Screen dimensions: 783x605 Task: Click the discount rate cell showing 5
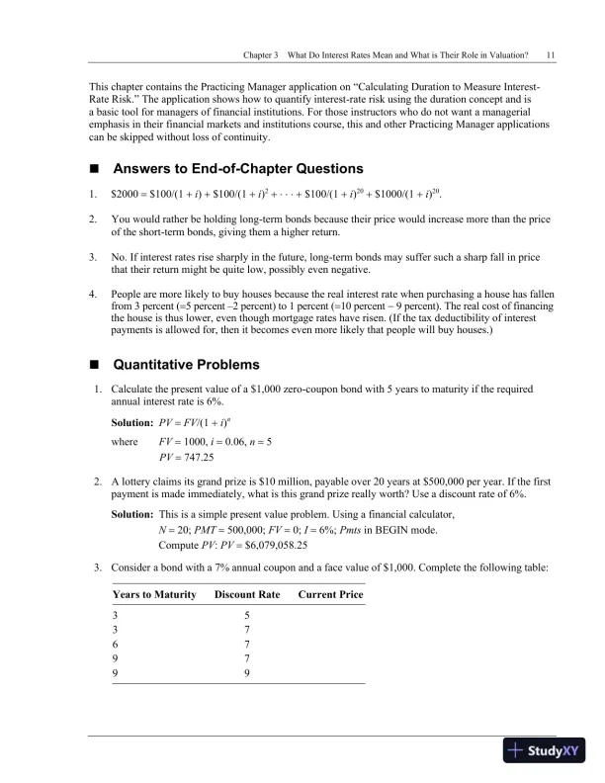pyautogui.click(x=246, y=613)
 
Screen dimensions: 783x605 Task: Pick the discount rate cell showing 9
pyautogui.click(x=246, y=672)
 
